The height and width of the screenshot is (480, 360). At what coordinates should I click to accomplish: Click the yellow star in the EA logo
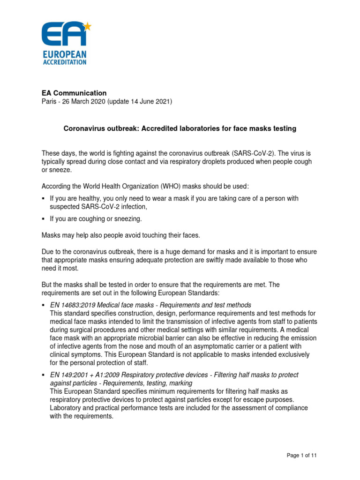pyautogui.click(x=87, y=26)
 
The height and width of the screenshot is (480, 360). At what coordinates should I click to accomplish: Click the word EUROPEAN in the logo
pyautogui.click(x=64, y=54)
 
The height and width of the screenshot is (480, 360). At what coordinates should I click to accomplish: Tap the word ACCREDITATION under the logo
pyautogui.click(x=64, y=62)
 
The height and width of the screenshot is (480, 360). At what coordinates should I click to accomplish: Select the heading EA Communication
pyautogui.click(x=74, y=93)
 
